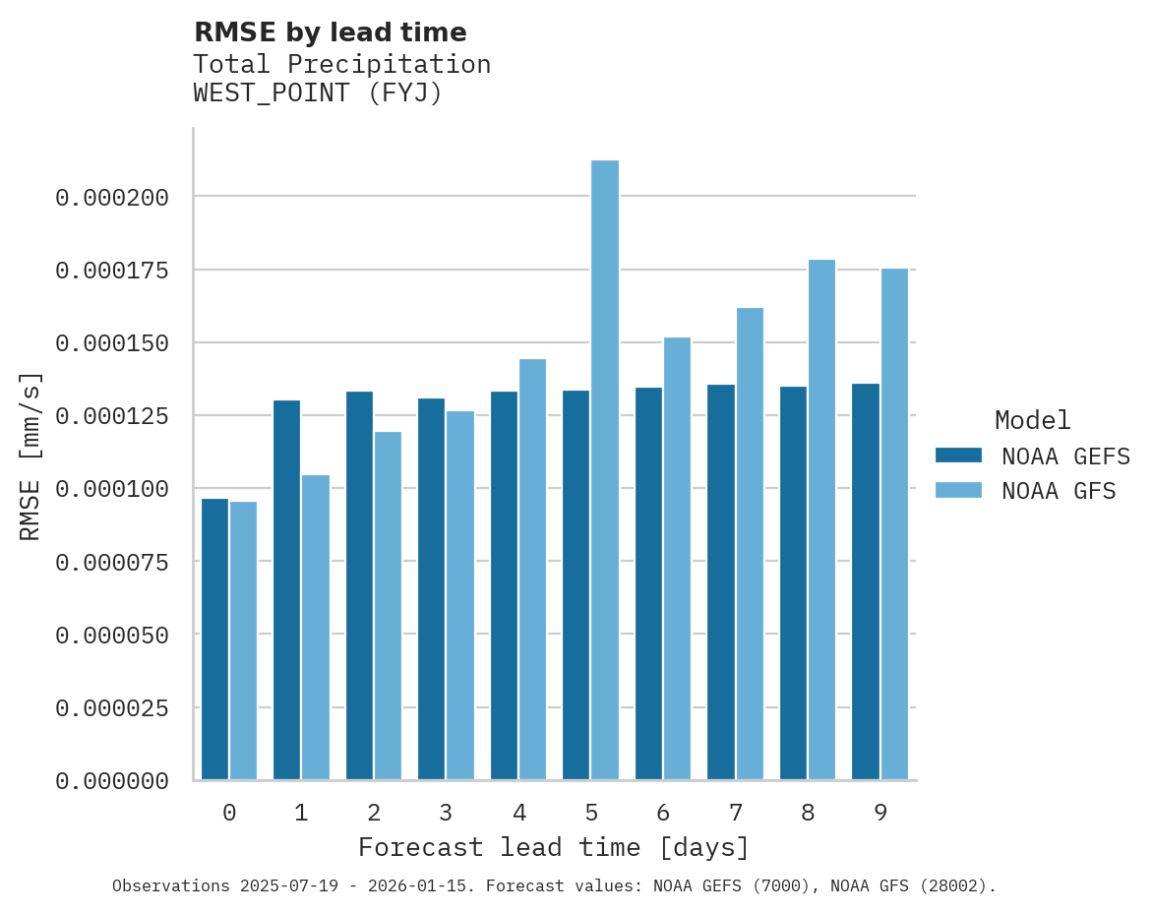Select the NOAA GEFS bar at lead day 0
point(214,639)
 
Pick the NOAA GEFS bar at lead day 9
point(866,581)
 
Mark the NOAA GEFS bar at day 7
point(721,581)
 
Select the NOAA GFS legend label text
point(1059,491)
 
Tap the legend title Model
point(1032,421)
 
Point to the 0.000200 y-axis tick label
point(112,198)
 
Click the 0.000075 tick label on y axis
point(112,563)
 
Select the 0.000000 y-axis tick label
point(112,781)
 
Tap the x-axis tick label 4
point(518,814)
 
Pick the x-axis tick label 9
point(880,814)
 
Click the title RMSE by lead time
point(331,32)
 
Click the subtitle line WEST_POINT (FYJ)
point(318,93)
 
